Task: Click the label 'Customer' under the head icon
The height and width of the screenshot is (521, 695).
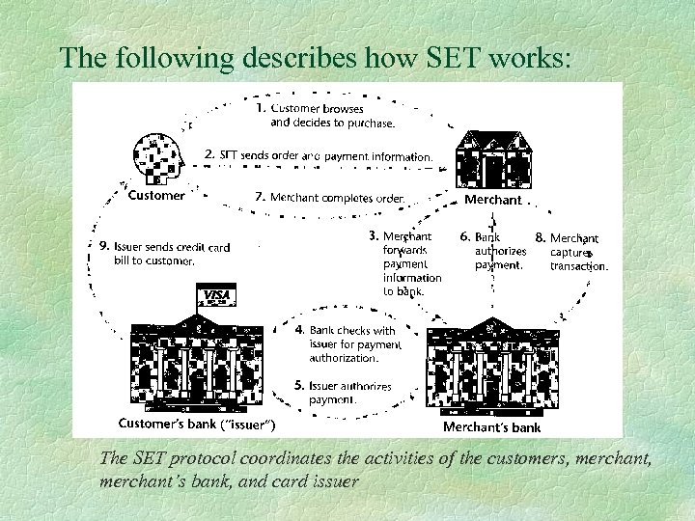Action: (x=156, y=196)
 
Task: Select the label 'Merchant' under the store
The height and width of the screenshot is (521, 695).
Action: (x=492, y=200)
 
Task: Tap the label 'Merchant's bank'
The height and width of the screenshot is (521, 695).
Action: (x=491, y=426)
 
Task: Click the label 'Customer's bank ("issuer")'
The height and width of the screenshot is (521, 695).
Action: (x=197, y=424)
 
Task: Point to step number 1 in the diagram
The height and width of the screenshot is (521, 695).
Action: (x=261, y=109)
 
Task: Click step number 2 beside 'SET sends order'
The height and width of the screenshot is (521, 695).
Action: (x=209, y=154)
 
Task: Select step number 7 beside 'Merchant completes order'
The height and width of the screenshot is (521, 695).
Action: (x=260, y=197)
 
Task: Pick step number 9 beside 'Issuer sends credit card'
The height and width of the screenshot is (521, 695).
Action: (x=104, y=246)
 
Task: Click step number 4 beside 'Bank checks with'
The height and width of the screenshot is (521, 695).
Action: (x=299, y=330)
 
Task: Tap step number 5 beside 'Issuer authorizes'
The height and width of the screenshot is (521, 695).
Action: (x=299, y=386)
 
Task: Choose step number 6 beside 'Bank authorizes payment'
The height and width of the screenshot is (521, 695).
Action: (x=464, y=236)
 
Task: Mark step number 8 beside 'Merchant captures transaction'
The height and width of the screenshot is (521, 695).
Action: (x=540, y=237)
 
